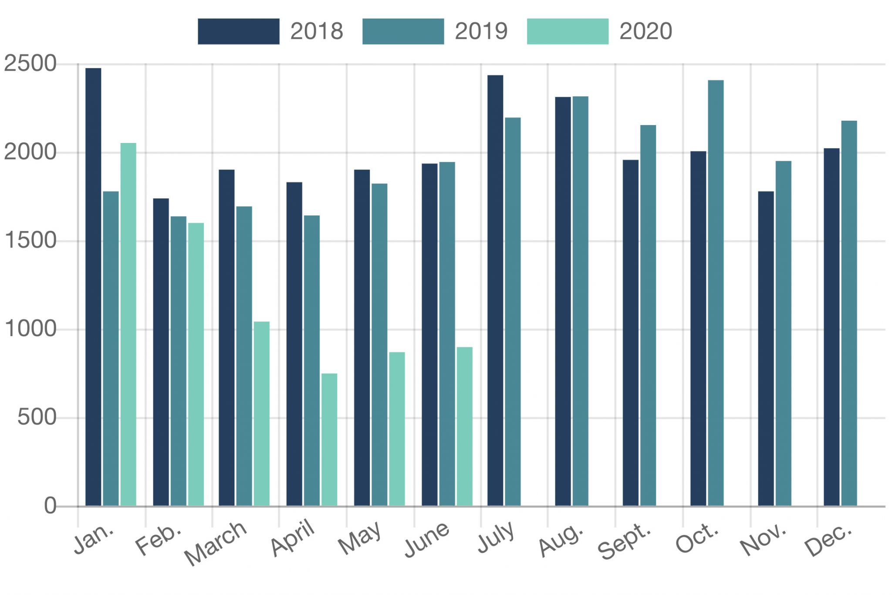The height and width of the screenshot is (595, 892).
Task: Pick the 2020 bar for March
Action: click(x=262, y=414)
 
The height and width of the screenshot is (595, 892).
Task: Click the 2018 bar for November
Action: click(x=766, y=349)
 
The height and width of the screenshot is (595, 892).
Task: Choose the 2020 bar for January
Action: click(x=128, y=324)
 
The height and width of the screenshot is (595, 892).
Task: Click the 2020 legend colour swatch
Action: click(x=568, y=31)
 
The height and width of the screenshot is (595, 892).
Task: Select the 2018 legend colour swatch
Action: click(x=238, y=31)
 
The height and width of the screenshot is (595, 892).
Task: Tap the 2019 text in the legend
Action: click(x=481, y=31)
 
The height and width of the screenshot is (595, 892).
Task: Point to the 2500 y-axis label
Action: click(x=30, y=64)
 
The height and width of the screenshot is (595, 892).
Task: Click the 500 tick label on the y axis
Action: click(x=37, y=418)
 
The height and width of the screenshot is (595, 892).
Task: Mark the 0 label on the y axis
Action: click(x=50, y=506)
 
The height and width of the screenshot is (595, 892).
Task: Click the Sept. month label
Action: click(x=624, y=542)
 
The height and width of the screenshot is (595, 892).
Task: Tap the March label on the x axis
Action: click(x=216, y=543)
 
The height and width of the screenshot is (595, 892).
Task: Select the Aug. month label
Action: click(x=561, y=541)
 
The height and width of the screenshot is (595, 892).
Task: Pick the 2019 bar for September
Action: click(x=648, y=316)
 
